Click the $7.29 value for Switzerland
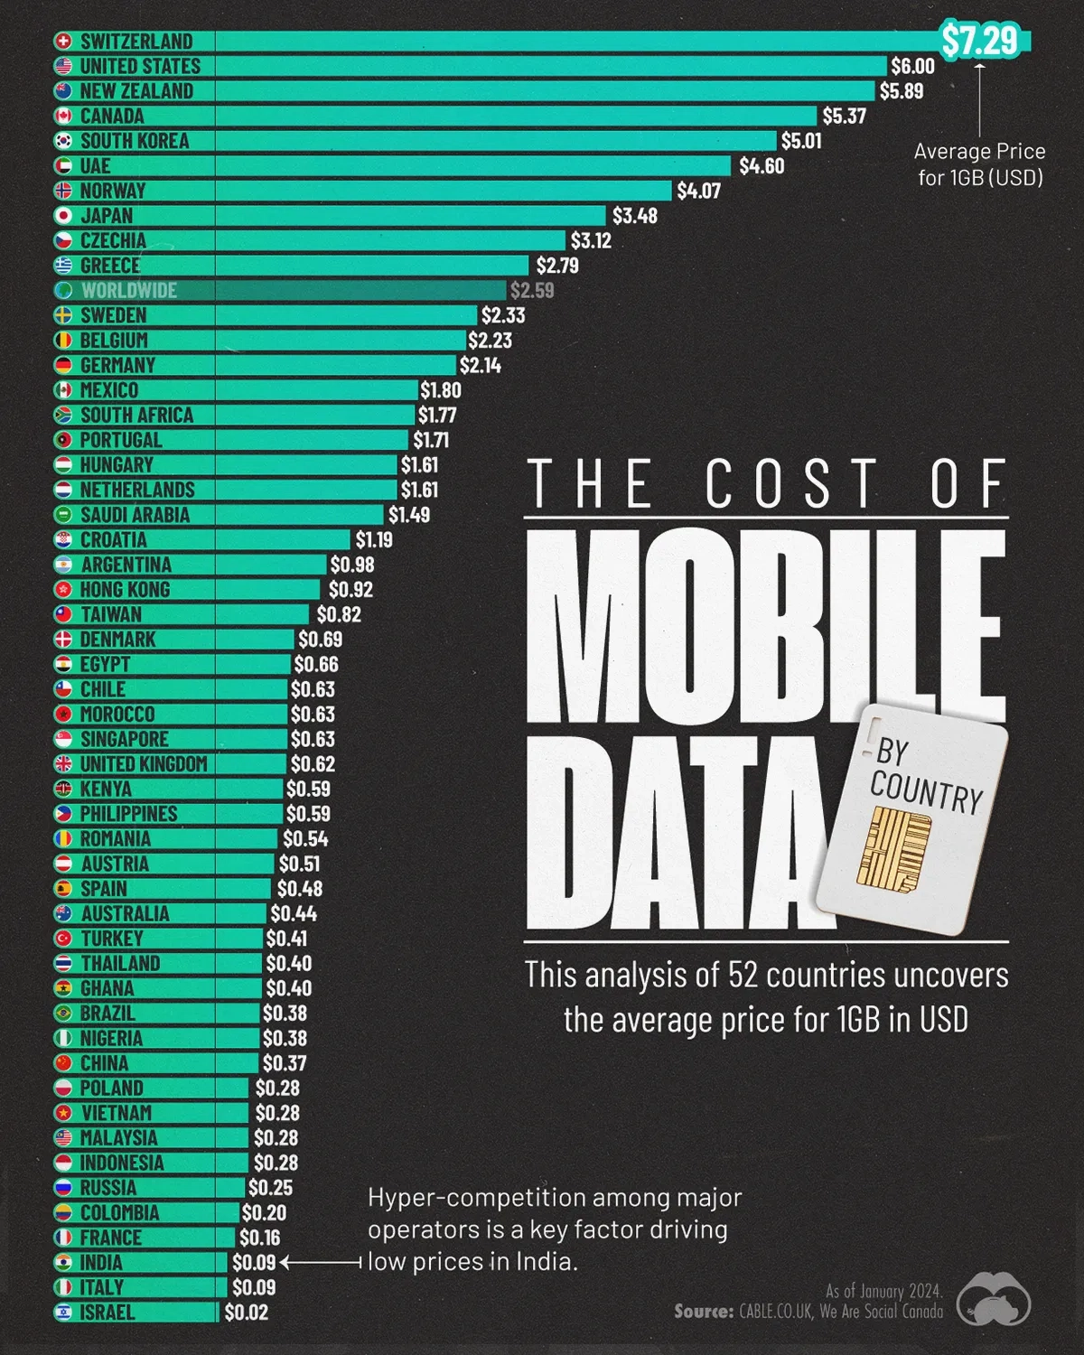coord(980,41)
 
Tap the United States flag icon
coord(63,66)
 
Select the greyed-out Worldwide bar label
coord(128,290)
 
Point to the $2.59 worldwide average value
coord(532,290)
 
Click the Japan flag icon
coord(63,216)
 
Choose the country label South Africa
coord(136,415)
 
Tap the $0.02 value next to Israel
coord(246,1313)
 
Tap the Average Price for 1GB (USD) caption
coord(980,164)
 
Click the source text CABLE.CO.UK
coord(776,1312)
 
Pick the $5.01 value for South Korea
coord(801,141)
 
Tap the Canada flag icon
coord(63,116)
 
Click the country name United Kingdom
coord(144,763)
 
